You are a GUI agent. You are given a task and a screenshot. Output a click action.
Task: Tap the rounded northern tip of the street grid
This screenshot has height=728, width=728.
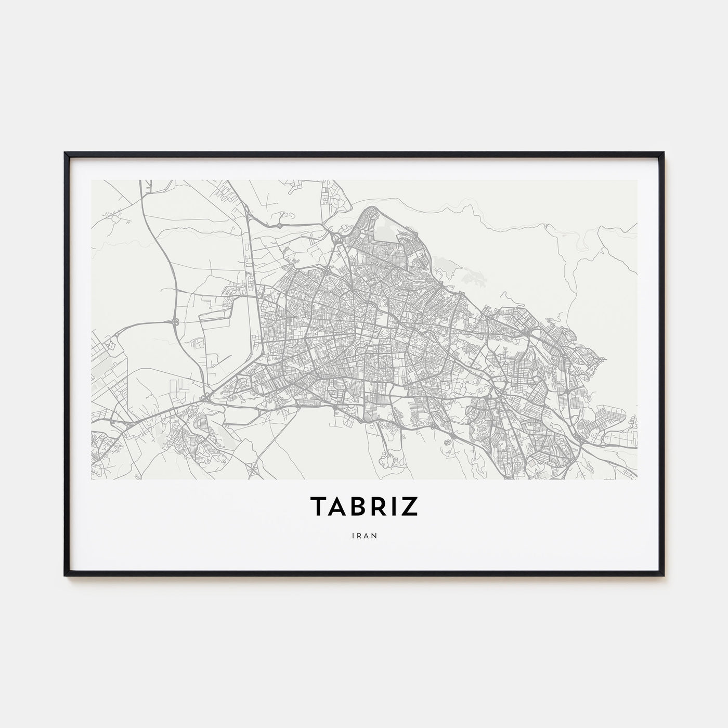click(x=371, y=209)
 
